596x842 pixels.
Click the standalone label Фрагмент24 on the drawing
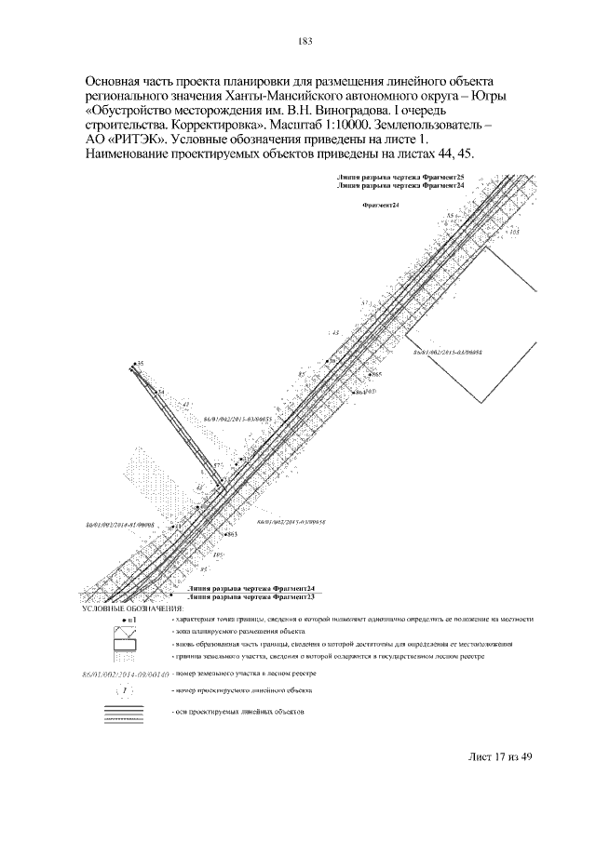tap(378, 205)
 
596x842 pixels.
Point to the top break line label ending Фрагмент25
tap(402, 176)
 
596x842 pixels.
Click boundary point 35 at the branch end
tap(137, 363)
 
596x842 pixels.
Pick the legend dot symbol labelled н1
tap(129, 619)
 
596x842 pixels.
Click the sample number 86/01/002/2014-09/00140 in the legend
tap(123, 671)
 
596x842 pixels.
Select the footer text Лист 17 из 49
tap(499, 755)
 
